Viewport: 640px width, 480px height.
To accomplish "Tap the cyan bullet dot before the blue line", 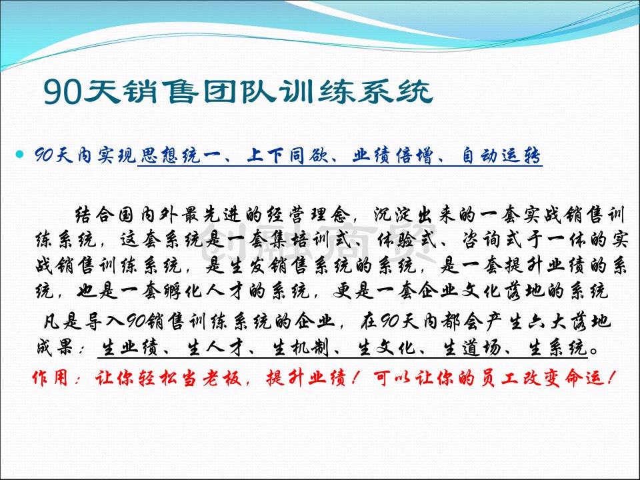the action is (19, 154).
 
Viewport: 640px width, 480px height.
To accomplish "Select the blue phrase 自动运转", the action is (501, 155).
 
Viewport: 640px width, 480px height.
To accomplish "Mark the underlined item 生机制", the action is (299, 348).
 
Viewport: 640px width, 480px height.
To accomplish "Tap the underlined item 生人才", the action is (214, 348).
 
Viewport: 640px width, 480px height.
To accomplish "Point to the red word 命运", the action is (585, 378).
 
